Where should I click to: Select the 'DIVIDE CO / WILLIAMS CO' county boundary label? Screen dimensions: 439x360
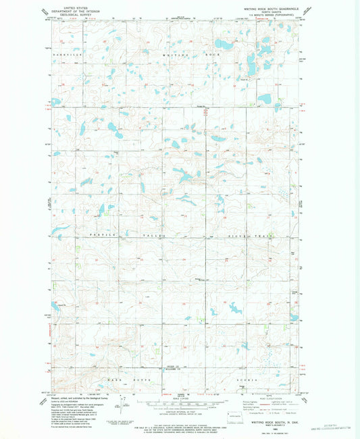point(174,368)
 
